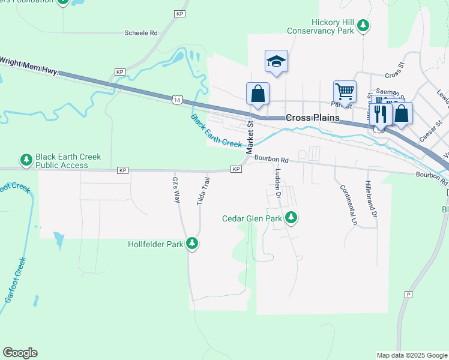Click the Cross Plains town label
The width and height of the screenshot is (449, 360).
pos(312,118)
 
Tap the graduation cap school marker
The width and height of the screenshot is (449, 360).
pos(276,61)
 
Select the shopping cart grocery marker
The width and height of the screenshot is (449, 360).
pos(345,92)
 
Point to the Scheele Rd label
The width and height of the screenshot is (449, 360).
pos(141,33)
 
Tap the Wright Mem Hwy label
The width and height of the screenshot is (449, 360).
pos(29,65)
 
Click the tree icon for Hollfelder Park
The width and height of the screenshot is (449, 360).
pos(192,243)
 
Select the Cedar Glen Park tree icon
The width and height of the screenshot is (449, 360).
pos(291,217)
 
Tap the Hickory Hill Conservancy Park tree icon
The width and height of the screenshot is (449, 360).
pos(363,25)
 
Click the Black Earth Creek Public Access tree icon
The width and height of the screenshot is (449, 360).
pos(26,160)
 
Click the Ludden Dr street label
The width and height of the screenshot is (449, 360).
pos(278,182)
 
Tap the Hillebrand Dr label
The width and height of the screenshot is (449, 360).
pos(372,199)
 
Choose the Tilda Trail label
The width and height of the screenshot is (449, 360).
pos(203,191)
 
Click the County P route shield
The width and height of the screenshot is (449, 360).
pos(408,294)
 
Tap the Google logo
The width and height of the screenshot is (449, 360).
pos(20,353)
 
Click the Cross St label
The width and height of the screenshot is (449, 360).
pos(396,74)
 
